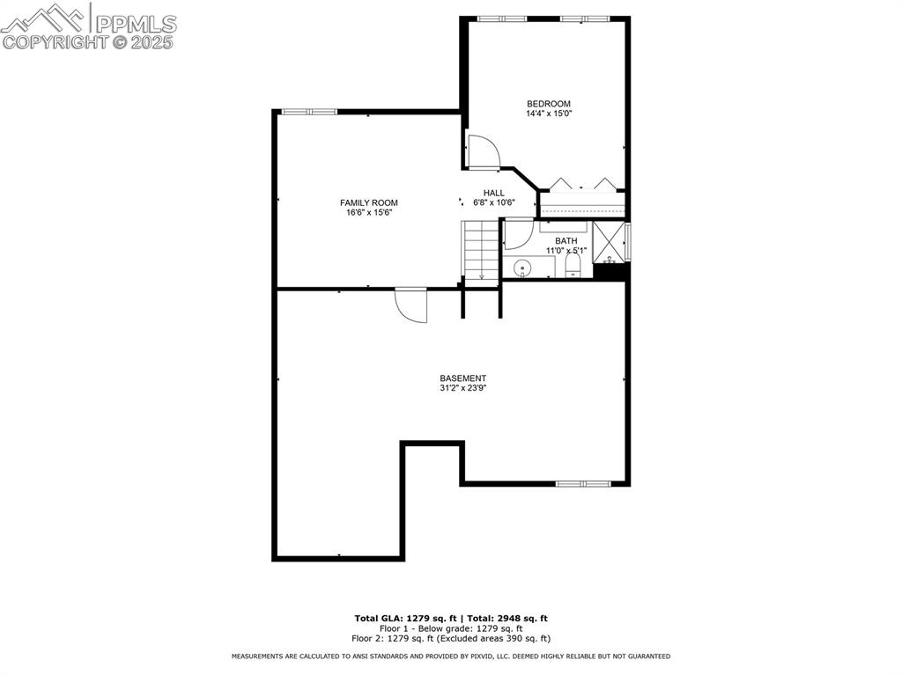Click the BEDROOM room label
click(548, 104)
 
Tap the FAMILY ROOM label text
click(369, 202)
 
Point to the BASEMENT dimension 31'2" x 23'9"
click(462, 388)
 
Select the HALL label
click(493, 193)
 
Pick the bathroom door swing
click(516, 234)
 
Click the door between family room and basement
click(411, 304)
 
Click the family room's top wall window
click(309, 112)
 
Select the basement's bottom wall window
click(583, 483)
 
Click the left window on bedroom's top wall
click(502, 18)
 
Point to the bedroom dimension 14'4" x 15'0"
click(548, 114)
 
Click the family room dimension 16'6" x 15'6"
click(369, 212)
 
